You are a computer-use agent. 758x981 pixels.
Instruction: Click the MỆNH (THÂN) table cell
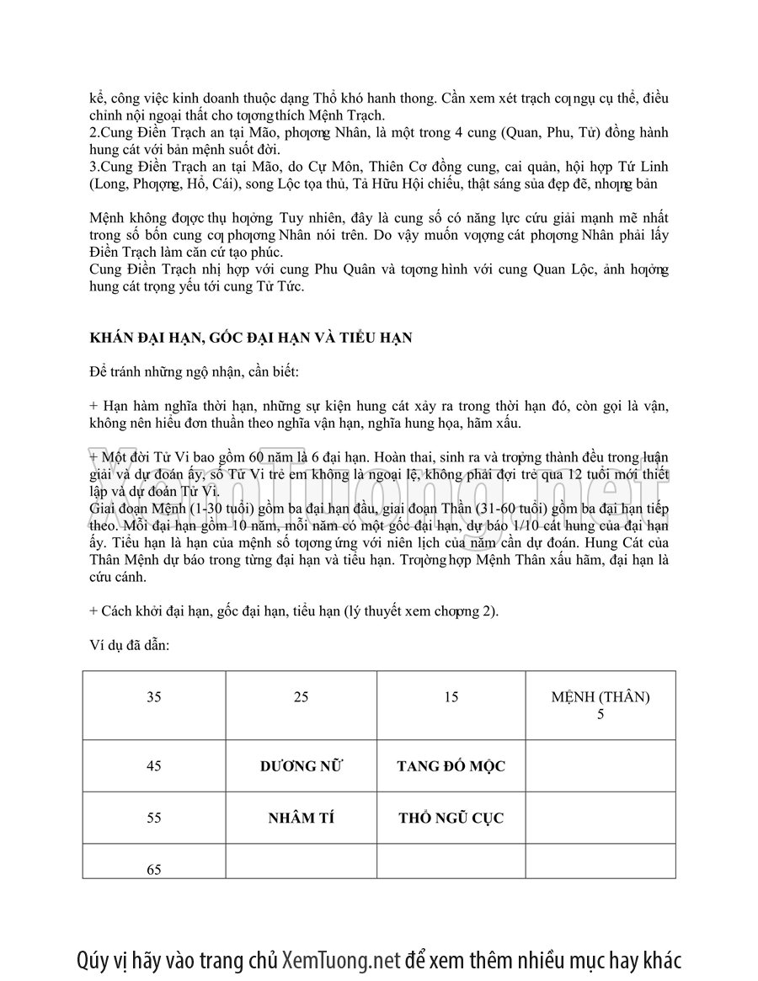click(601, 705)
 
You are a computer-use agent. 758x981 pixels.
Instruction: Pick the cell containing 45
click(154, 765)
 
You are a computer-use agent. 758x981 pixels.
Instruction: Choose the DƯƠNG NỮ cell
click(301, 765)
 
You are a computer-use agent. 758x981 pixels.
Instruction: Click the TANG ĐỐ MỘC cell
click(451, 765)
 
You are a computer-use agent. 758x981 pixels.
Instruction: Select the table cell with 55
click(154, 817)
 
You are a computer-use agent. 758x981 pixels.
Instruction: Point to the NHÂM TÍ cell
click(301, 817)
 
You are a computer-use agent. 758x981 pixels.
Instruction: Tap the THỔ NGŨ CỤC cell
click(451, 817)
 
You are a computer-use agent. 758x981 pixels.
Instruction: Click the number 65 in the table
click(154, 869)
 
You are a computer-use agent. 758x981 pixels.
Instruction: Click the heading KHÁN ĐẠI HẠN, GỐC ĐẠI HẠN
click(250, 339)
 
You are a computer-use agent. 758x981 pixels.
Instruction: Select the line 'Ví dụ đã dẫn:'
click(129, 645)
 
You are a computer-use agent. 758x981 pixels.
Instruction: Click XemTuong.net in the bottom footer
click(340, 960)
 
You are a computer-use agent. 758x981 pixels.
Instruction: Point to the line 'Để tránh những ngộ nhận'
click(193, 371)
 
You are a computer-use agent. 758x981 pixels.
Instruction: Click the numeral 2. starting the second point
click(93, 133)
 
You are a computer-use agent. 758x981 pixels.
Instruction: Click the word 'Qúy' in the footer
click(93, 960)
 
